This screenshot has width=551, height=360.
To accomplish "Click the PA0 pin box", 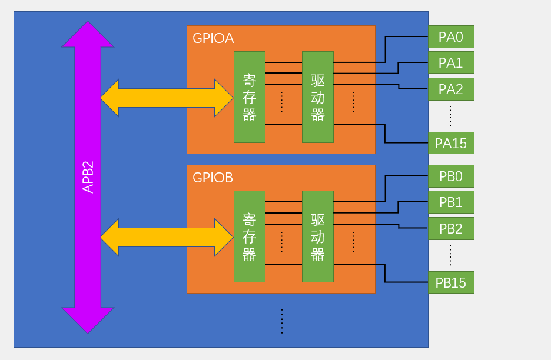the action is [451, 36].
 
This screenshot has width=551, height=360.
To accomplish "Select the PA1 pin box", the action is [451, 62].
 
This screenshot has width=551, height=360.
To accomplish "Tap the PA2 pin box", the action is [451, 89].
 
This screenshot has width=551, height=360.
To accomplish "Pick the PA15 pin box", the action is [451, 143].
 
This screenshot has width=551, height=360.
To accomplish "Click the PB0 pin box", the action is [451, 176].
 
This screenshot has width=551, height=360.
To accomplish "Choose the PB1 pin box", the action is [451, 202].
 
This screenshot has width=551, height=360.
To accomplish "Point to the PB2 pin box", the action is [451, 229].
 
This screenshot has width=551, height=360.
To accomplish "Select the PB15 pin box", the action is [451, 282].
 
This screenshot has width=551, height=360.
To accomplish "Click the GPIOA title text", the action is [213, 38].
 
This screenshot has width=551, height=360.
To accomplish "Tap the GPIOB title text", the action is [213, 178].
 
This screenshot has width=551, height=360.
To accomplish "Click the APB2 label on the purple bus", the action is [88, 177].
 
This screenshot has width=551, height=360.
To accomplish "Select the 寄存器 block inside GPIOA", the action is [250, 97].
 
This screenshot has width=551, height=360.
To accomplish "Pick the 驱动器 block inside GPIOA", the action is [318, 97].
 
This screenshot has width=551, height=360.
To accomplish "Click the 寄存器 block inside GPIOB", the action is [250, 236].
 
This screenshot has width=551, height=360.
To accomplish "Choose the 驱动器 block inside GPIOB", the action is [318, 236].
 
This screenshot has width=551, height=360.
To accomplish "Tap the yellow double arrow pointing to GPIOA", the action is [167, 98].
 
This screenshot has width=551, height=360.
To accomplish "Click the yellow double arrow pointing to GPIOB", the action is [167, 238].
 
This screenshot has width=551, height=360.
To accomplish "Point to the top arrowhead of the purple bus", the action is [88, 21].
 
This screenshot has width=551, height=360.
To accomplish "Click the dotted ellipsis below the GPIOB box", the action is [282, 321].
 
